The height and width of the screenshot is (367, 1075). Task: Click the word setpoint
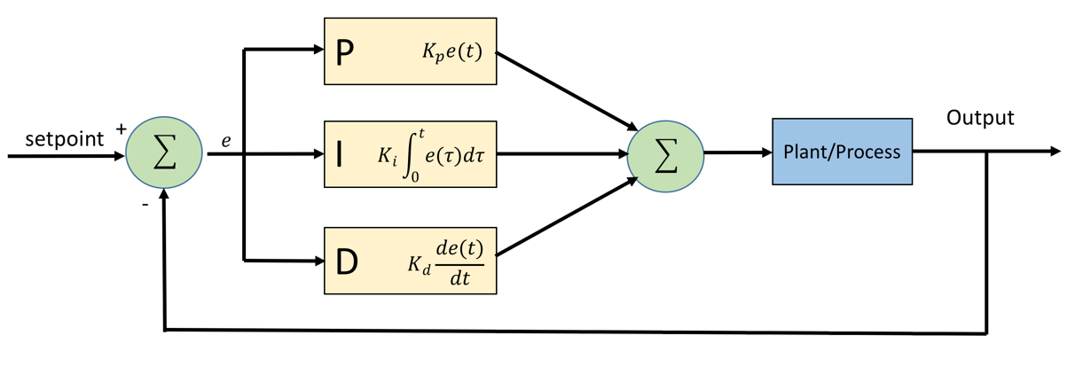(65, 139)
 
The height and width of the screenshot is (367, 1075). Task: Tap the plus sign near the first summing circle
(121, 129)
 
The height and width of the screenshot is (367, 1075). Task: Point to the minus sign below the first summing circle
(145, 205)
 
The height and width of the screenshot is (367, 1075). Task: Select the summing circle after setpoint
(164, 152)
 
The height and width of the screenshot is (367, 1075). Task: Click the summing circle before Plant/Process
(665, 156)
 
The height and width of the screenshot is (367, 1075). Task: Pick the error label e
(226, 141)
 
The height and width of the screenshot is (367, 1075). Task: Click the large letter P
(345, 52)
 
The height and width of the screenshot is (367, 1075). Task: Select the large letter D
(347, 262)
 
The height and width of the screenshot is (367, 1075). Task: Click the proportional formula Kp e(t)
(452, 51)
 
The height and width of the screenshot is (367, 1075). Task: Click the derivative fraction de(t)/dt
(459, 263)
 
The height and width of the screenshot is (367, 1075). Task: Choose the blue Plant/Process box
(843, 152)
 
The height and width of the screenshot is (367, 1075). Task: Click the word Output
(980, 118)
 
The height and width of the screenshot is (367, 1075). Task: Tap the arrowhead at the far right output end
(1055, 151)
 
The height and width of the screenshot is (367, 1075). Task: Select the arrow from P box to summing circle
(567, 91)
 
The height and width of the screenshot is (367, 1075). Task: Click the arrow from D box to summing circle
(567, 216)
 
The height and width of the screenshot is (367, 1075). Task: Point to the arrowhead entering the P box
(318, 49)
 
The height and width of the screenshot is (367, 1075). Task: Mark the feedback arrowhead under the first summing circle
(164, 194)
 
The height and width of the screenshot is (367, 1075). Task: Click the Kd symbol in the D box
(419, 265)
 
